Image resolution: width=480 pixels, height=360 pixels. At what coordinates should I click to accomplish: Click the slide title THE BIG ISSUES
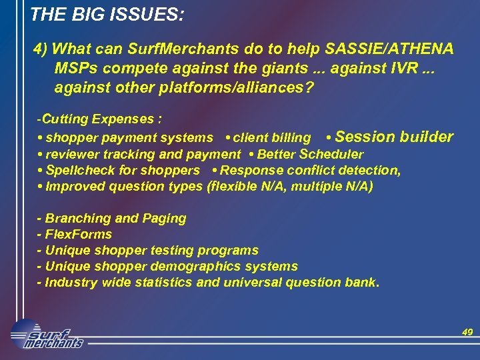tap(107, 13)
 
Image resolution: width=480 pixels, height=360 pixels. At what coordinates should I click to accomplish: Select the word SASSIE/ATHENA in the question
tap(389, 49)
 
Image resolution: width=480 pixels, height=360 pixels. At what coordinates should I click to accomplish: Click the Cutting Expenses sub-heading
tap(99, 119)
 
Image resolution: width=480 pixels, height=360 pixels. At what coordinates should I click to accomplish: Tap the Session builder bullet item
tap(393, 137)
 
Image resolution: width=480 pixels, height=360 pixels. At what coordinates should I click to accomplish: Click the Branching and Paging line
tap(112, 218)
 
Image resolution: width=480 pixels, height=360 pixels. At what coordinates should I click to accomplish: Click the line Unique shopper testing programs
tap(147, 250)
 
